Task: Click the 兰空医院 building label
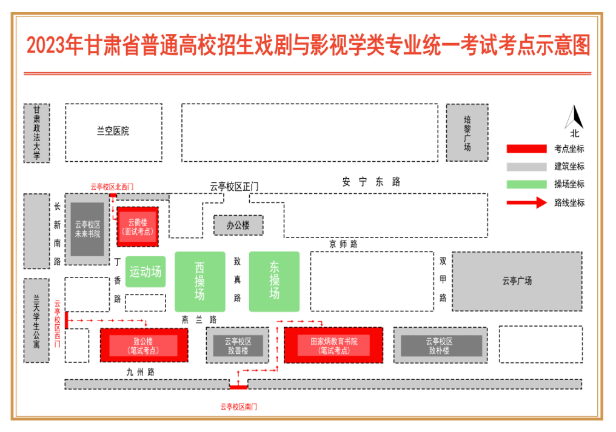[x=113, y=131]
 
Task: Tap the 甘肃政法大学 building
[x=36, y=133]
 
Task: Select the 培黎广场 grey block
[x=467, y=133]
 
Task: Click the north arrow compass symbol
[x=574, y=117]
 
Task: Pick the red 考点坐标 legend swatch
[x=526, y=149]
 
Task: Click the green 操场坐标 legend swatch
[x=526, y=184]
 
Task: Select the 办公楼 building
[x=238, y=225]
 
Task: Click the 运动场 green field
[x=146, y=271]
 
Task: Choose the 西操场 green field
[x=199, y=282]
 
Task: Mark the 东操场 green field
[x=274, y=281]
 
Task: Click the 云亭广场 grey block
[x=517, y=281]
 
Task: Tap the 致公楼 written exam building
[x=143, y=345]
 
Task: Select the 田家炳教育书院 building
[x=333, y=345]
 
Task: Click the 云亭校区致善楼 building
[x=238, y=345]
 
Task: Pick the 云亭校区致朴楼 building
[x=441, y=345]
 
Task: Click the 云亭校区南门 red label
[x=238, y=407]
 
